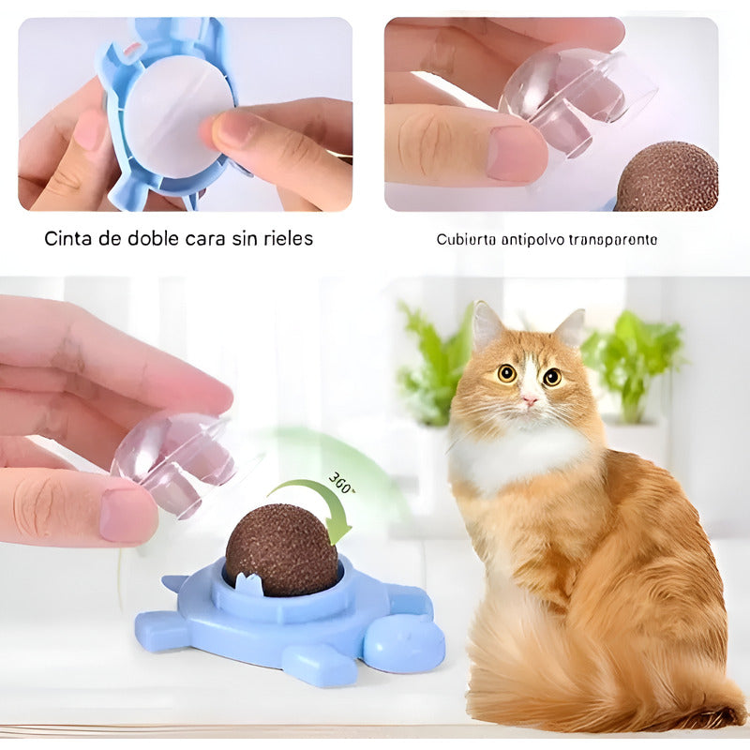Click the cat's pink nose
point(531,399)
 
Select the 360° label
point(342,485)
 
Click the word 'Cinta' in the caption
point(67,238)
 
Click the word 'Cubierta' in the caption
point(466,239)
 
